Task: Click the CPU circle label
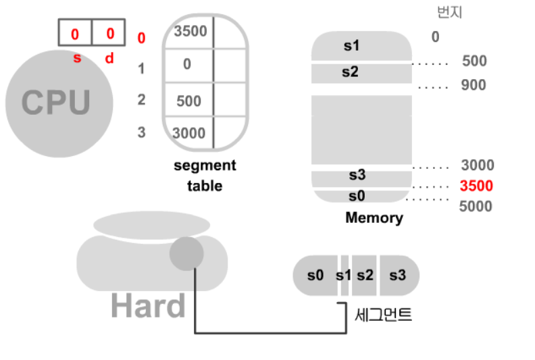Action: pos(56,103)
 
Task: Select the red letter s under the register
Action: pos(76,59)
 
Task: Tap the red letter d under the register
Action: pos(109,59)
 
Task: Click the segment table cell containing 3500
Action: pos(190,31)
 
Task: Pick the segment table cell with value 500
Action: pos(189,101)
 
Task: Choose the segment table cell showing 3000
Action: pos(188,133)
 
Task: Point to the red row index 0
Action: pos(141,38)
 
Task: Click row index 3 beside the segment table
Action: pos(141,132)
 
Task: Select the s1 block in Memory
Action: pos(352,47)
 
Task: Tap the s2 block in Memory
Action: pos(350,72)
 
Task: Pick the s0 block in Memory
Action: pos(357,196)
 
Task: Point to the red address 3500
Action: pos(477,186)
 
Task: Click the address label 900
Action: pos(474,85)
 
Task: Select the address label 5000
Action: pos(476,207)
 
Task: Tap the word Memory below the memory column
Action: pos(374,218)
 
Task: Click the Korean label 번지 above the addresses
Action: pos(450,12)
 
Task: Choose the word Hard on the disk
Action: pos(148,306)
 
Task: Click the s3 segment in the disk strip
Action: pos(398,275)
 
